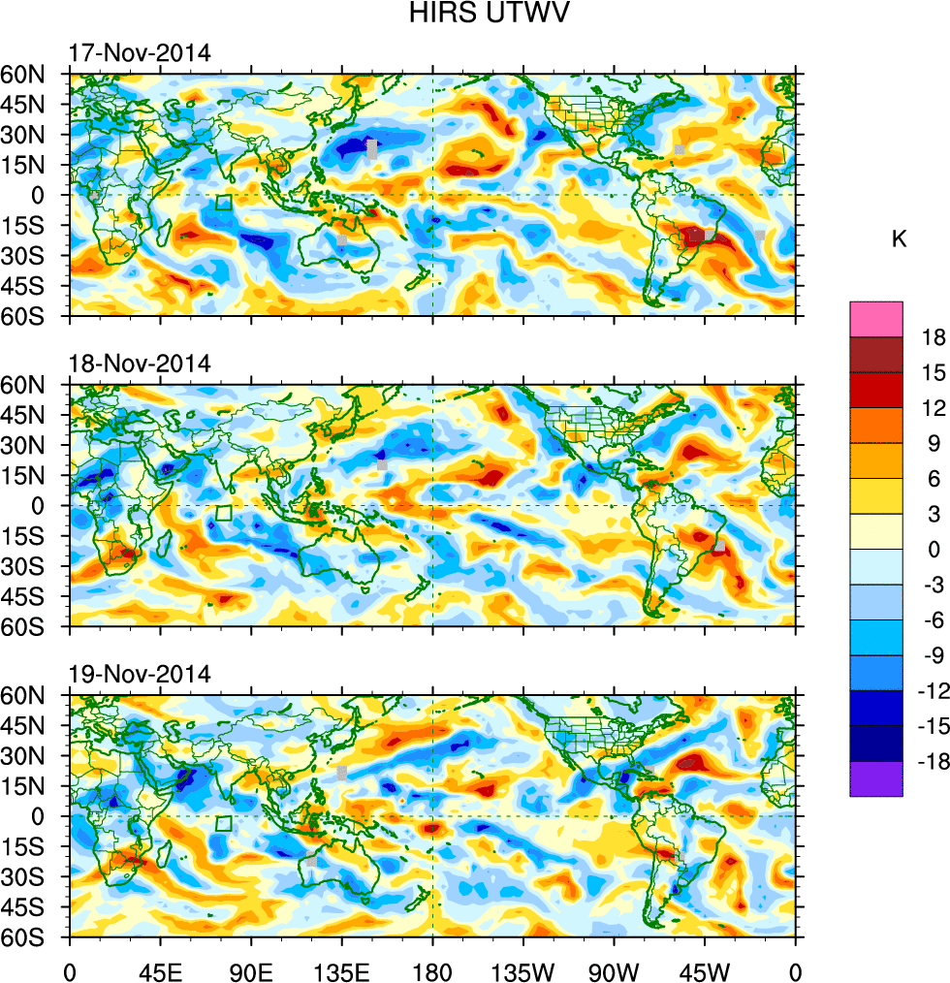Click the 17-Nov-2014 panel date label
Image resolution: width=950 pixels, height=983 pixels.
coord(140,53)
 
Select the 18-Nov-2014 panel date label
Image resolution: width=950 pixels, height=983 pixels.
coord(140,365)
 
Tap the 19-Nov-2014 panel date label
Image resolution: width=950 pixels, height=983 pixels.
coord(140,676)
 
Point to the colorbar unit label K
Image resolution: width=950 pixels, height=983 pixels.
coord(900,239)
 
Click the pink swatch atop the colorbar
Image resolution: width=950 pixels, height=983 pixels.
coord(876,319)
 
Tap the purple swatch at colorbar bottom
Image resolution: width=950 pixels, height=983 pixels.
coord(876,779)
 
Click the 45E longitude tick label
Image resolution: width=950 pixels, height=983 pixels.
coord(160,969)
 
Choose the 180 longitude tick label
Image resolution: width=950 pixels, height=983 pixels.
coord(432,969)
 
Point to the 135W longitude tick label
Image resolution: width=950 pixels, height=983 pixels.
coord(522,969)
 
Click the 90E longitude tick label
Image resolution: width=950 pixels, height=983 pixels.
coord(251,969)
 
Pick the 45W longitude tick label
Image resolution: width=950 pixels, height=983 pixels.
coord(704,969)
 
